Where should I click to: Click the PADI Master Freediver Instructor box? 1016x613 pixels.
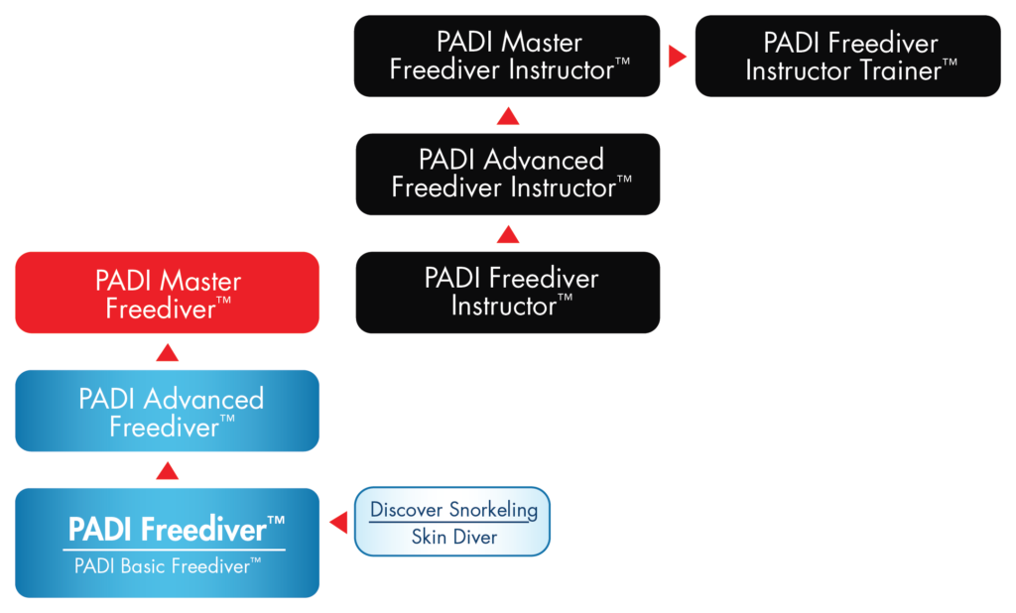506,56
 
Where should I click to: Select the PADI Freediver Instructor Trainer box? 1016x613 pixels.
847,56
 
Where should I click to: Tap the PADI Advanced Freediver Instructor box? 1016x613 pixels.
507,174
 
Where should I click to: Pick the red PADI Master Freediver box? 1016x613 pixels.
167,293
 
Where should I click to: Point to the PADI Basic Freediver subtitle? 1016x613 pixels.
168,566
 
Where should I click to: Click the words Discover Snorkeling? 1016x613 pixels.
453,510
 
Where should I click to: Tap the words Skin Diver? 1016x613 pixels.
453,539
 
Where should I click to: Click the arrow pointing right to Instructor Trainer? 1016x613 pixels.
678,57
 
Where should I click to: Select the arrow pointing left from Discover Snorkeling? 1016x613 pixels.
338,523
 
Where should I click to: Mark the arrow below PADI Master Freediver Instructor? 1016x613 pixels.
507,117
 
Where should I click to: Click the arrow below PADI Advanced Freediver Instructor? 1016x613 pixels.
507,234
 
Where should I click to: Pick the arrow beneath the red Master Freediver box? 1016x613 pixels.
167,351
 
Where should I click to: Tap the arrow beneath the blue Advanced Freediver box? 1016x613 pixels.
167,469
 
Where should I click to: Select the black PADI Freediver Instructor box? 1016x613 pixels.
507,292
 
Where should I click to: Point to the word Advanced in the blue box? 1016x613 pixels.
203,399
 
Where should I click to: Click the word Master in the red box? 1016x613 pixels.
202,281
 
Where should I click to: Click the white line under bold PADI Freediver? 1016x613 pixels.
175,549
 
